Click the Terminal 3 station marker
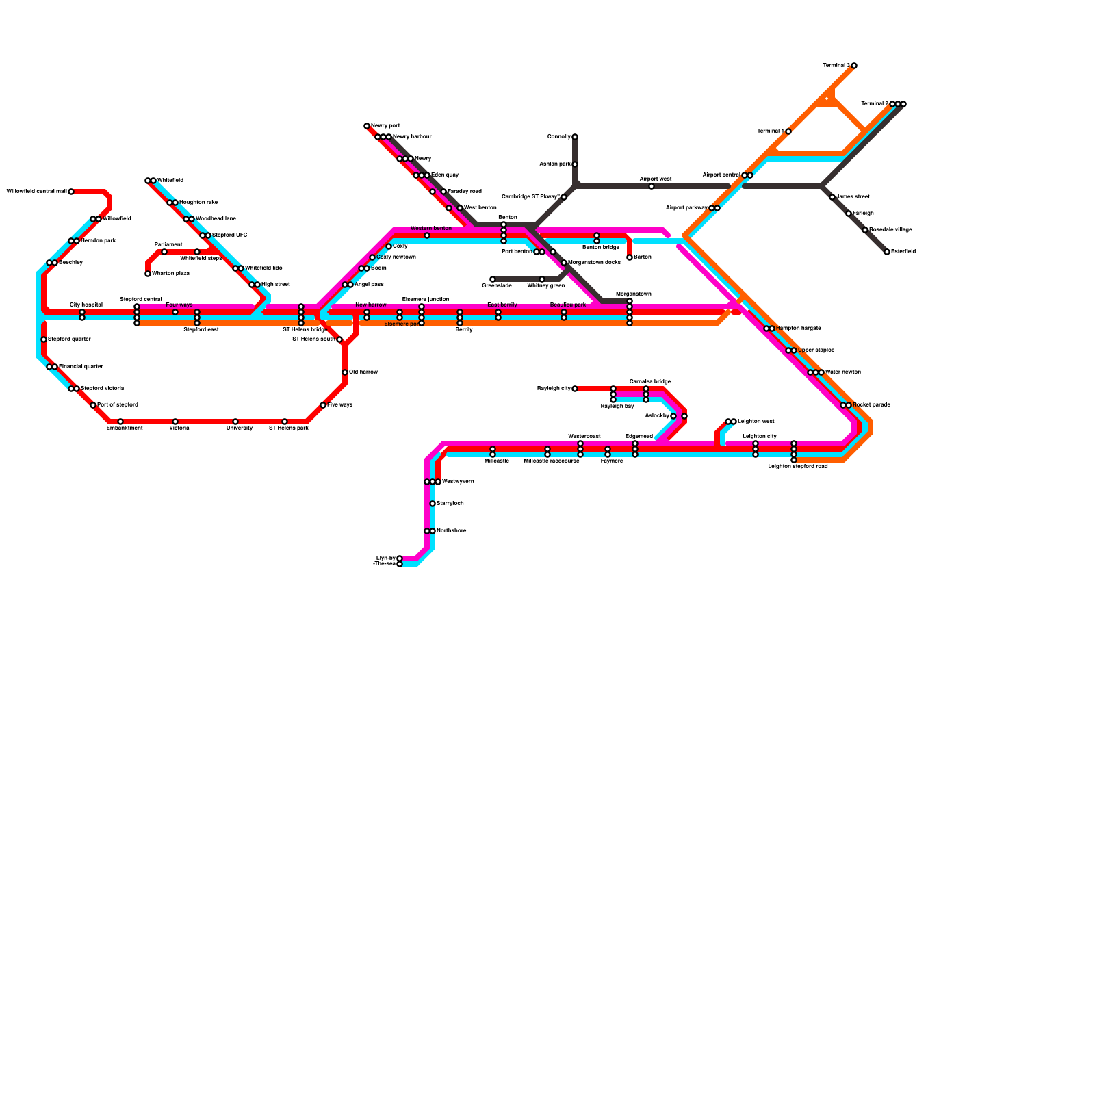[x=854, y=66]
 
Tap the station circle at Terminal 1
[x=788, y=131]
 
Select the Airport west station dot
[x=652, y=186]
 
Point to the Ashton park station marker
[x=575, y=164]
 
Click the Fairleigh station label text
[x=863, y=214]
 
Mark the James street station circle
[x=832, y=197]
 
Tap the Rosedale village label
[x=890, y=230]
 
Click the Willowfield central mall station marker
[x=71, y=192]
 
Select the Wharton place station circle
[x=148, y=274]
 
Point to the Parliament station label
[x=168, y=244]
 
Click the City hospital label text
[x=86, y=305]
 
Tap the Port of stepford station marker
[x=93, y=405]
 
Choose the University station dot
[x=235, y=422]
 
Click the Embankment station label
[x=125, y=428]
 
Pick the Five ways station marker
[x=323, y=405]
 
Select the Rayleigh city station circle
[x=575, y=389]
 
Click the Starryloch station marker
[x=433, y=504]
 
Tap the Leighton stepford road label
[x=798, y=466]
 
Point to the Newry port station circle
[x=367, y=126]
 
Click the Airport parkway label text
[x=686, y=208]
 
